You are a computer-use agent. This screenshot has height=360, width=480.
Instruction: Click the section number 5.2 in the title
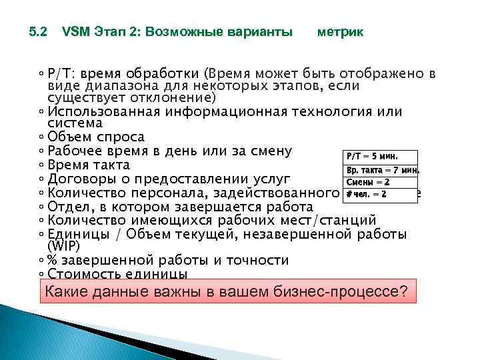click(38, 32)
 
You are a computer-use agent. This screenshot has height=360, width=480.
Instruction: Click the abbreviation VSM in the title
click(73, 32)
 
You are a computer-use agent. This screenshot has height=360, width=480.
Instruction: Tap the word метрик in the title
click(340, 32)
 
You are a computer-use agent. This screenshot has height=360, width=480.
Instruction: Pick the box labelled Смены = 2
click(378, 182)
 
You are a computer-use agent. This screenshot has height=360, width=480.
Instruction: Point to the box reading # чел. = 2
click(378, 195)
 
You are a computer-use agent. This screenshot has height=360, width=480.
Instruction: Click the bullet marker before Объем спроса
click(42, 137)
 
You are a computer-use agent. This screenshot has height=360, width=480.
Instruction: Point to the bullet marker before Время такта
click(42, 165)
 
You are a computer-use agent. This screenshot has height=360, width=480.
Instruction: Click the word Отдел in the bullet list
click(69, 207)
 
